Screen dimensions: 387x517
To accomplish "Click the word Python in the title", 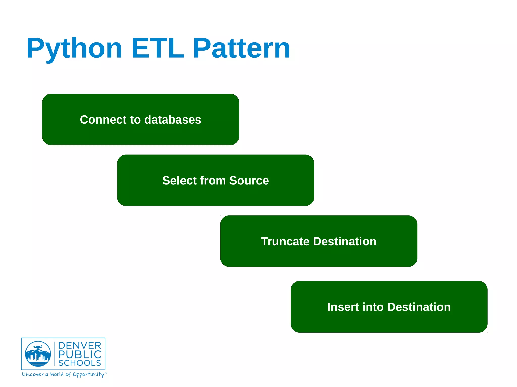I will click(x=74, y=48).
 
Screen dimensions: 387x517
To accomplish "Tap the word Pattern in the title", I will click(x=241, y=48).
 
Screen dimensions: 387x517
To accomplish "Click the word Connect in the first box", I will click(x=103, y=120).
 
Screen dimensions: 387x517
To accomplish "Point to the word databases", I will click(x=173, y=120).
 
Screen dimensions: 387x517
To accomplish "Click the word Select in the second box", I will click(x=179, y=181).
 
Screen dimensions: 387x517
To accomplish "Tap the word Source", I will click(x=249, y=181).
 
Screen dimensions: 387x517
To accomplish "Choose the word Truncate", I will click(x=285, y=242).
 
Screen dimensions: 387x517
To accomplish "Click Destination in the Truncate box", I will click(x=345, y=242).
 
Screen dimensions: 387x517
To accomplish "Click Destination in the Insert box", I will click(x=419, y=307).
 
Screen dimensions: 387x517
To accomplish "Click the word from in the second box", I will click(x=213, y=181).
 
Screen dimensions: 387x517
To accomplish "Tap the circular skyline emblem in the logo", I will click(x=38, y=354).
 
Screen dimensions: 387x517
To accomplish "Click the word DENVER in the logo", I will click(x=80, y=346).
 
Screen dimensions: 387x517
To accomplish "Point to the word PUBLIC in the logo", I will click(x=80, y=354).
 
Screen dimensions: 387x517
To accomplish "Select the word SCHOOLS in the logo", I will click(x=80, y=363).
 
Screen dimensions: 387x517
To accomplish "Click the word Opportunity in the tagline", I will click(x=88, y=375).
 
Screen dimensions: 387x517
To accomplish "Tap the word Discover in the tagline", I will click(x=33, y=374).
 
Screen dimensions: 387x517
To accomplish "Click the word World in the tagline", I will click(x=57, y=374).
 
